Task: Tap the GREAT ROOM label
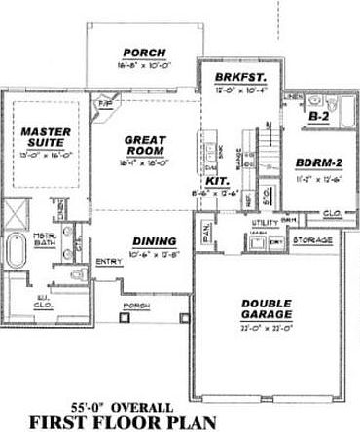click(148, 145)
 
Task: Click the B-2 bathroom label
click(317, 117)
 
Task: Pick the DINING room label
click(155, 241)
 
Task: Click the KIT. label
click(217, 180)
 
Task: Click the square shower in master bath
click(16, 213)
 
